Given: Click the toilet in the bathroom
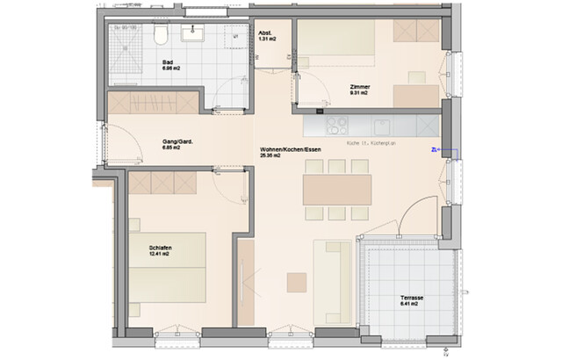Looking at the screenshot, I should tap(159, 35).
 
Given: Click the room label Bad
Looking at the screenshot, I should tap(167, 62).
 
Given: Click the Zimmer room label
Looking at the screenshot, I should tap(359, 86).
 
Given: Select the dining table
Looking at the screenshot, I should tap(336, 190).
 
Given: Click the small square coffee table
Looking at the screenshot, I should tap(297, 283).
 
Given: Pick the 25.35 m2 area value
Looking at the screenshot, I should tap(270, 156).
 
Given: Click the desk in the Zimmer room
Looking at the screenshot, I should tap(415, 96).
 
